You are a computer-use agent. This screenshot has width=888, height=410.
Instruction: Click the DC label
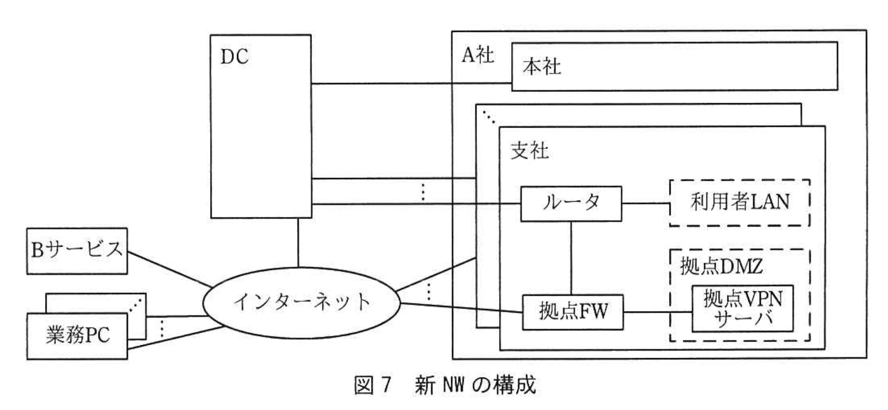pyautogui.click(x=234, y=57)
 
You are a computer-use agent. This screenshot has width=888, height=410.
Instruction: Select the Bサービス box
pyautogui.click(x=77, y=251)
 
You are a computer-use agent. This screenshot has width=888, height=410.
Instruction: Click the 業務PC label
pyautogui.click(x=77, y=335)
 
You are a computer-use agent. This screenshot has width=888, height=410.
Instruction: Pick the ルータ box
pyautogui.click(x=571, y=204)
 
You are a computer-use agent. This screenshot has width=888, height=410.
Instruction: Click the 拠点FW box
pyautogui.click(x=572, y=312)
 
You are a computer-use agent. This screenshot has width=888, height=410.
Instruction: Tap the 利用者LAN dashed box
pyautogui.click(x=739, y=202)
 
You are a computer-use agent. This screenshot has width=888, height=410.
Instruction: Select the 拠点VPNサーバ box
pyautogui.click(x=742, y=308)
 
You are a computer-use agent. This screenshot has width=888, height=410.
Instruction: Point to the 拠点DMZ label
pyautogui.click(x=721, y=267)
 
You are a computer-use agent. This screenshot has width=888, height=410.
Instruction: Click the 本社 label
pyautogui.click(x=541, y=67)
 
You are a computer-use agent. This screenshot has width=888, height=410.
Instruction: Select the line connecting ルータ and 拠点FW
pyautogui.click(x=571, y=258)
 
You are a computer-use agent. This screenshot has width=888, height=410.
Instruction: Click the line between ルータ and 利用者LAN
pyautogui.click(x=645, y=203)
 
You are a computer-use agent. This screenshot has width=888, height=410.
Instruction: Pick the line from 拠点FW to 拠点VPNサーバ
pyautogui.click(x=657, y=313)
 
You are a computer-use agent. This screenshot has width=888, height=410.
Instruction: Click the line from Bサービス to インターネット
pyautogui.click(x=168, y=269)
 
